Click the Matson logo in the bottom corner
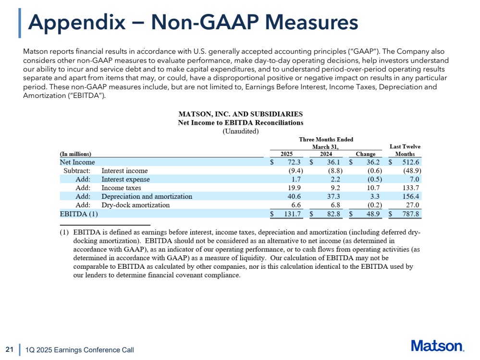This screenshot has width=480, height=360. [x=437, y=347]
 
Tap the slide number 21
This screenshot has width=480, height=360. [x=9, y=349]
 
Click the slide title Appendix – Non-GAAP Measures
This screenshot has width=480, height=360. [x=193, y=22]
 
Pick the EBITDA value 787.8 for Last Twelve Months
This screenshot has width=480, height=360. [x=411, y=214]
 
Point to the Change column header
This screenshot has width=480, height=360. [x=365, y=154]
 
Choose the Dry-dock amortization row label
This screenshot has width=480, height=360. [x=135, y=205]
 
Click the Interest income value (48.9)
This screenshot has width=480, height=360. [x=411, y=170]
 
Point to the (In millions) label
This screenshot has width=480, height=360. [x=75, y=154]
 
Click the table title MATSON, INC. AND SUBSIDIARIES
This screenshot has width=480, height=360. [x=240, y=114]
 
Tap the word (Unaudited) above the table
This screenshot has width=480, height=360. [x=240, y=131]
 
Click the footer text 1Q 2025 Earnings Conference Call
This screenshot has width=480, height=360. [x=79, y=350]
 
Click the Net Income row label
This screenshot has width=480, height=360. [x=77, y=162]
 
